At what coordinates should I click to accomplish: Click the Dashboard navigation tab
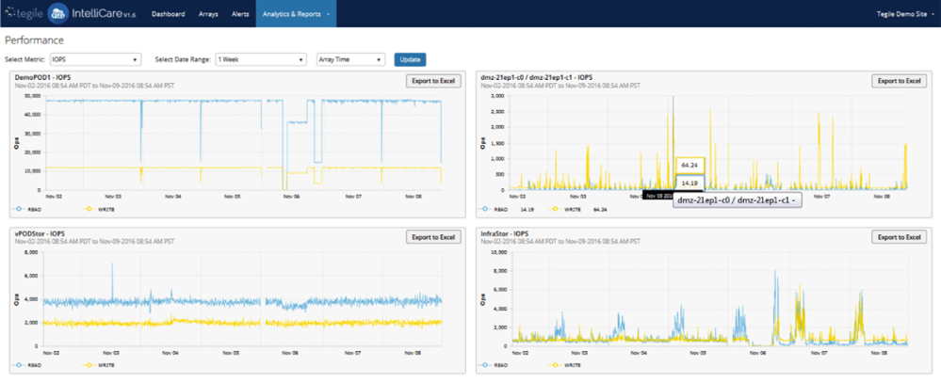(169, 14)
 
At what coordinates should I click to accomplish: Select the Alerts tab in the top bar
(240, 14)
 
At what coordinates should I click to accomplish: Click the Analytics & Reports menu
(296, 14)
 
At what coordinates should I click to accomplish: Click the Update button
(410, 59)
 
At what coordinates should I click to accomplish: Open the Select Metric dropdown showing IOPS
(95, 59)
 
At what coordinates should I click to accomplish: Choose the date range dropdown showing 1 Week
(260, 59)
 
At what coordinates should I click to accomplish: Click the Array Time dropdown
(350, 59)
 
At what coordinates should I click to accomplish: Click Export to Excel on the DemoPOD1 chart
(433, 81)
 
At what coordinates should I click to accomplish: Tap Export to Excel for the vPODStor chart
(433, 237)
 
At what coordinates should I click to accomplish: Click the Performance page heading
(35, 40)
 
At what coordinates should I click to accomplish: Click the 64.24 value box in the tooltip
(690, 165)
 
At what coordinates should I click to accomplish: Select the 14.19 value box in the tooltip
(690, 183)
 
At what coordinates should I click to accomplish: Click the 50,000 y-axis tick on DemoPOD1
(32, 95)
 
